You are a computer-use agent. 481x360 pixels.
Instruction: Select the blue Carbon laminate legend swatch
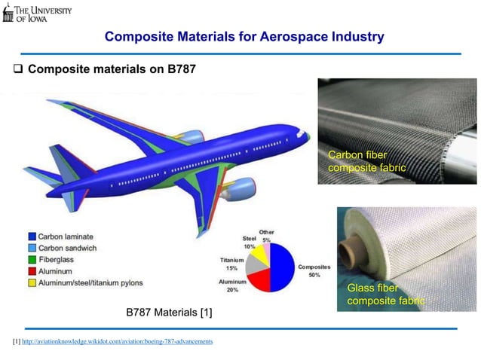tap(33, 236)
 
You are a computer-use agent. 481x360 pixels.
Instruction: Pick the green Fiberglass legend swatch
tap(33, 258)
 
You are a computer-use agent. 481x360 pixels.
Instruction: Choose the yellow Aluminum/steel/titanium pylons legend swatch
tap(33, 282)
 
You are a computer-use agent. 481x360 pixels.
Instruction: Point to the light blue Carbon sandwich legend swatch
tap(33, 247)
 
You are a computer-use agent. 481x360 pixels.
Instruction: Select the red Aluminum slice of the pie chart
tap(261, 281)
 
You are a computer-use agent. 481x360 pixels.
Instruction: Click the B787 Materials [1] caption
tap(169, 312)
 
